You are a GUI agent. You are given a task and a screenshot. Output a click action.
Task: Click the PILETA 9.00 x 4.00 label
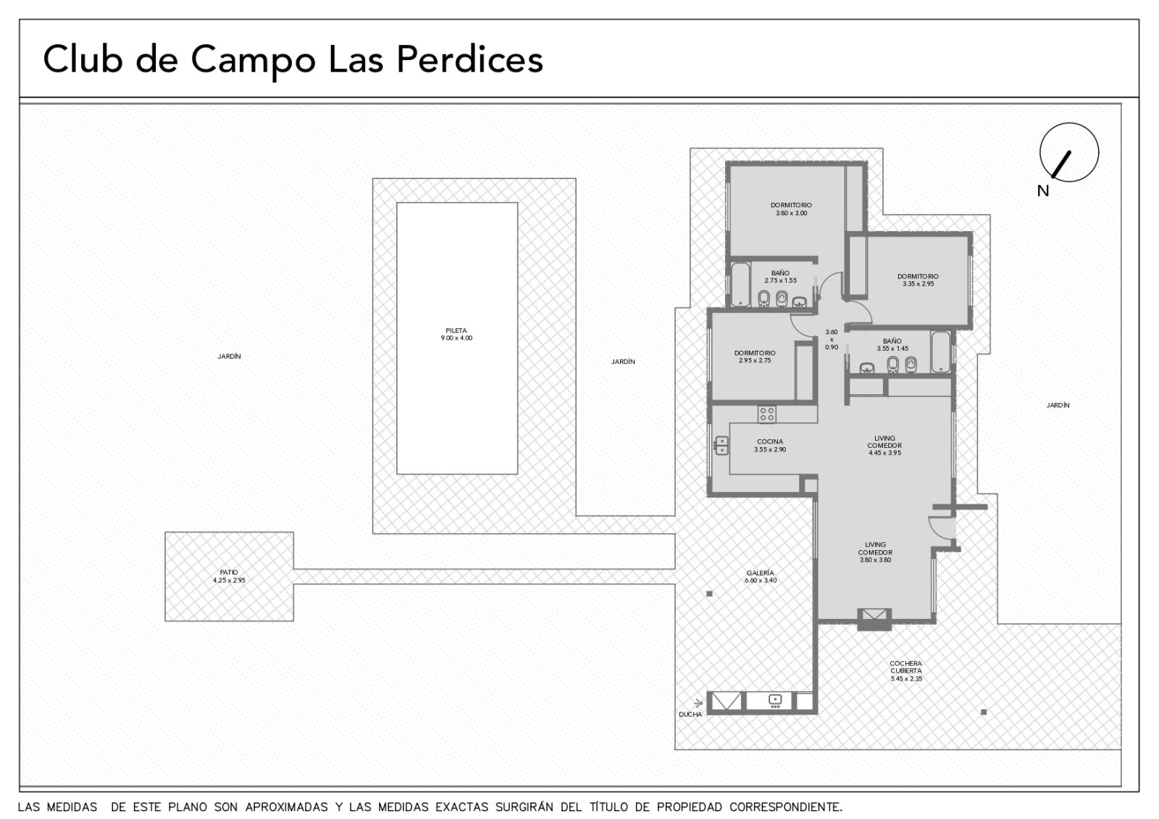456,334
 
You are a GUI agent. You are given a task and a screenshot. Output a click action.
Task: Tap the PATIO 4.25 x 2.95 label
229,576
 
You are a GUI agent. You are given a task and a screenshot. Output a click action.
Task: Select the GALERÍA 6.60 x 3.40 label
760,577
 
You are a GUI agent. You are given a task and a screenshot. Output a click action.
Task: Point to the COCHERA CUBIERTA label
906,667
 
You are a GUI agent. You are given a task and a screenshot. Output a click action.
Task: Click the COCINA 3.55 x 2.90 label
770,446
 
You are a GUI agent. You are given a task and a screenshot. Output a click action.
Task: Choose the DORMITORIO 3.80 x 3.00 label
791,209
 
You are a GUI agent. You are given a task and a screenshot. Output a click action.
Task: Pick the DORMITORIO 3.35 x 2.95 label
918,280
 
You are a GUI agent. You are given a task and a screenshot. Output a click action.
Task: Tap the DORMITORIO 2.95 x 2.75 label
755,357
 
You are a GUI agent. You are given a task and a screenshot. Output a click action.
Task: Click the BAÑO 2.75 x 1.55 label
780,276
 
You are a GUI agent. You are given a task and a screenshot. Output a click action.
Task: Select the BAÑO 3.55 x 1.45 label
892,345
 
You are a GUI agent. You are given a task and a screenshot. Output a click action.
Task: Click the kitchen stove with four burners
767,414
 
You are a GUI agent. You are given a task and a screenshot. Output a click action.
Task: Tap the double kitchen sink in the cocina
721,446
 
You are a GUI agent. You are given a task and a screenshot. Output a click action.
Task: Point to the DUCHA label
690,715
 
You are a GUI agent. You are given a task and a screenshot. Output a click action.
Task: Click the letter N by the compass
1043,191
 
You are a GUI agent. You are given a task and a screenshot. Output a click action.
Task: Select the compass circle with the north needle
1069,152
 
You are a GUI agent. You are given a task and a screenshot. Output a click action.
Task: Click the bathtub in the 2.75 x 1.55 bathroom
740,285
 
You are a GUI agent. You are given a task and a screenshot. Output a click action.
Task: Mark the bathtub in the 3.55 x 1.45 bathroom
941,352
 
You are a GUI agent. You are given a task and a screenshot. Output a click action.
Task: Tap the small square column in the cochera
984,712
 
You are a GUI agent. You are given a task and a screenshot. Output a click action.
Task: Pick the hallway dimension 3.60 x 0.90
832,340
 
